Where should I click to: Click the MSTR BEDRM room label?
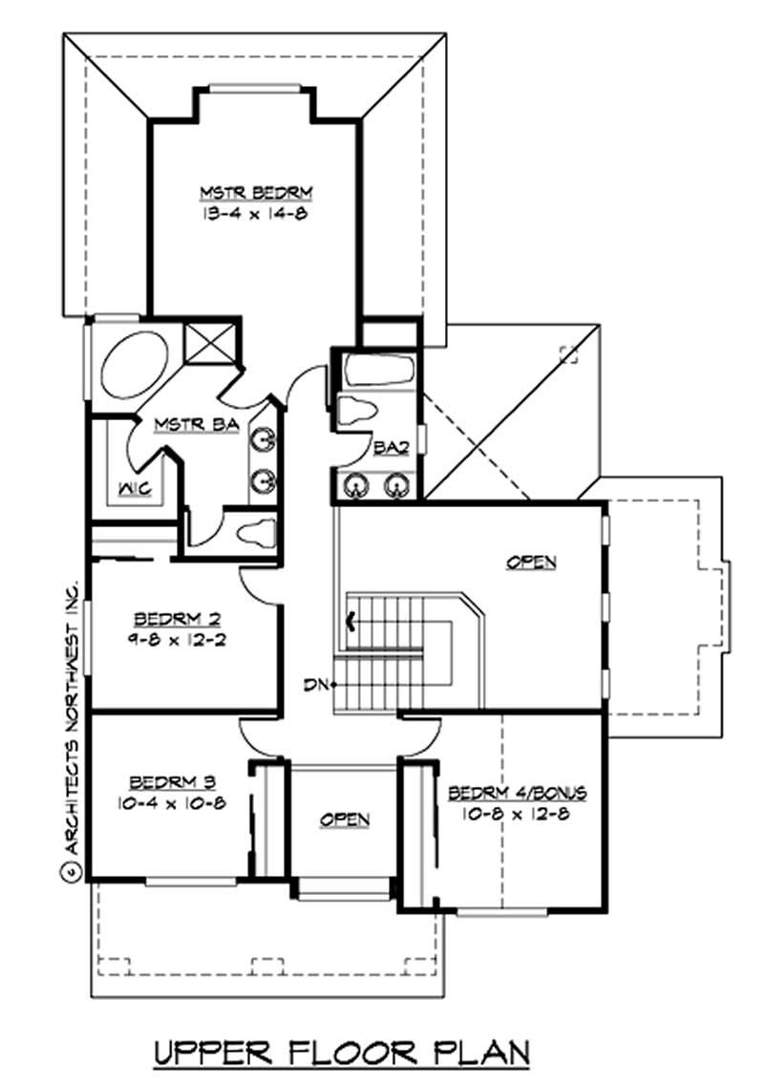click(255, 193)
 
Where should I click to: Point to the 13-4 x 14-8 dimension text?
click(255, 214)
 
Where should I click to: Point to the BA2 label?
click(390, 447)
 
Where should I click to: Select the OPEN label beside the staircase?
click(530, 563)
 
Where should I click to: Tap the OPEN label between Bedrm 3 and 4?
click(345, 820)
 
